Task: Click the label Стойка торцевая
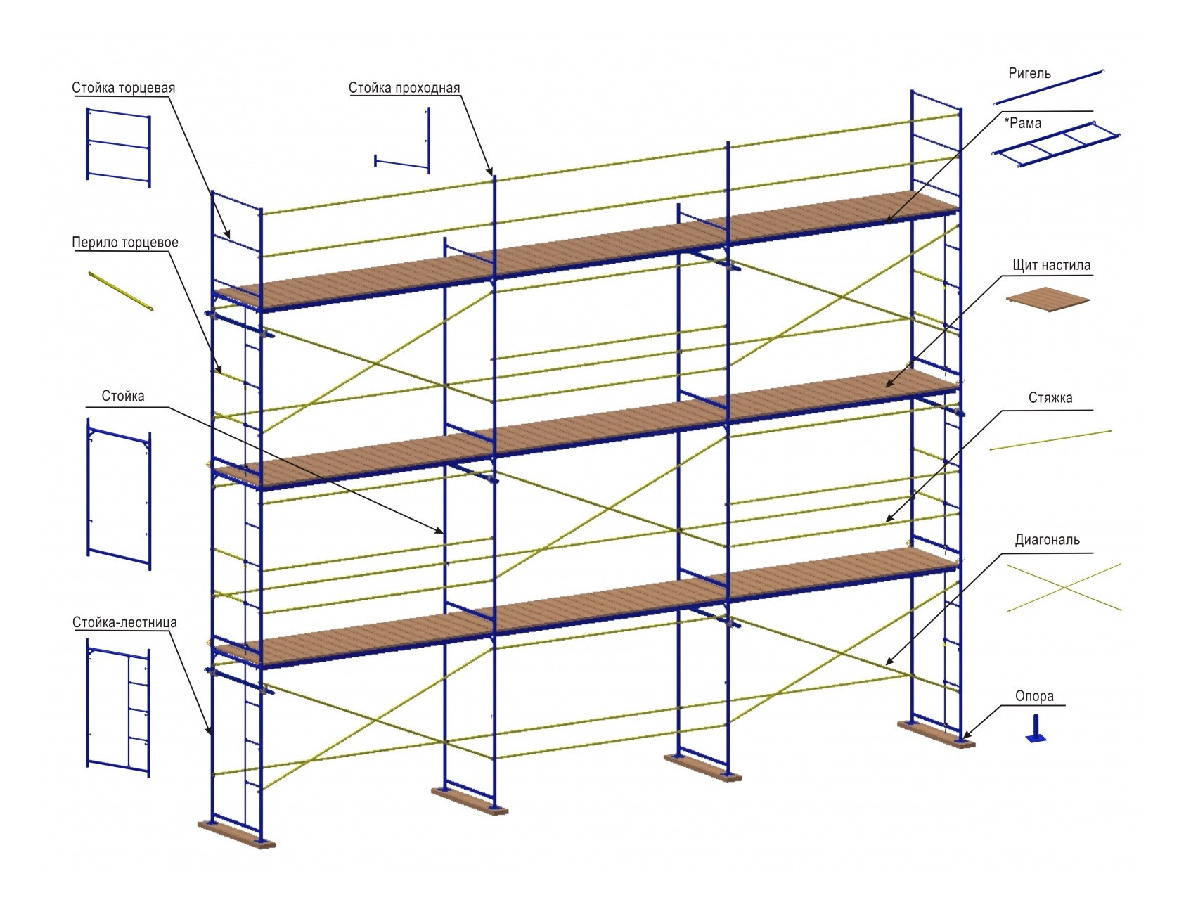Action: tap(123, 88)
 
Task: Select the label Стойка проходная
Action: tap(404, 88)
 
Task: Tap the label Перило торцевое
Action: tap(125, 243)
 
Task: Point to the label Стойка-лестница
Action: tap(124, 622)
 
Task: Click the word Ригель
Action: tap(1029, 73)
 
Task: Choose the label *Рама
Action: tap(1023, 123)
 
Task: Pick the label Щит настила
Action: tap(1051, 265)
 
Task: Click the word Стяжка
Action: tap(1050, 398)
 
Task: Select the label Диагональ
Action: tap(1047, 540)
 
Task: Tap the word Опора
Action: tap(1034, 696)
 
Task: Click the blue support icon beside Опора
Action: tap(1036, 729)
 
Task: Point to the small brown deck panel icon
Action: tap(1048, 299)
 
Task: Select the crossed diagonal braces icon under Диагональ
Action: tap(1064, 587)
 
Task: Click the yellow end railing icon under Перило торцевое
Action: tap(120, 290)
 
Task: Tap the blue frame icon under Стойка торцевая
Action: tap(118, 147)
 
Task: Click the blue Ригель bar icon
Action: tap(1049, 86)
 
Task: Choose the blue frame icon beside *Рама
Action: tap(1055, 145)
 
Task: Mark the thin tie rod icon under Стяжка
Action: tap(1050, 440)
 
